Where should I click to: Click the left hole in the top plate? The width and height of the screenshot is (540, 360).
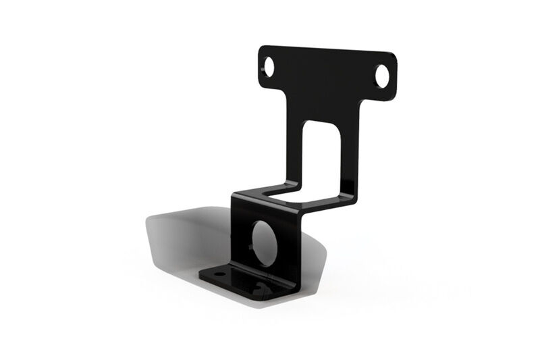click(269, 67)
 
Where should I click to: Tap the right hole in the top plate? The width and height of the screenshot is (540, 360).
click(382, 75)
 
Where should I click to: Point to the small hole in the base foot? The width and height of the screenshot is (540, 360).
click(217, 275)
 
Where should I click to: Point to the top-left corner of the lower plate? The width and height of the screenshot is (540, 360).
click(234, 197)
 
